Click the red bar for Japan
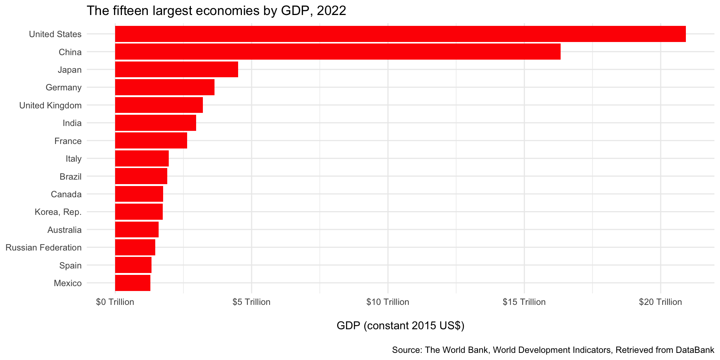pyautogui.click(x=176, y=69)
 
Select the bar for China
pyautogui.click(x=337, y=52)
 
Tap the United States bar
pyautogui.click(x=400, y=34)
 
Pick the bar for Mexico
pyautogui.click(x=133, y=283)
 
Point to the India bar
pyautogui.click(x=155, y=123)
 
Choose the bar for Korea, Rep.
pyautogui.click(x=139, y=212)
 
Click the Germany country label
pyautogui.click(x=63, y=87)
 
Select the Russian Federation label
pyautogui.click(x=43, y=247)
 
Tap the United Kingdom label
pyautogui.click(x=50, y=105)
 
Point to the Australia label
pyautogui.click(x=64, y=230)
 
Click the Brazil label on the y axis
pyautogui.click(x=70, y=176)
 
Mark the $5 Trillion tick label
pyautogui.click(x=251, y=302)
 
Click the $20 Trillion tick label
pyautogui.click(x=660, y=302)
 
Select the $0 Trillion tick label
pyautogui.click(x=115, y=302)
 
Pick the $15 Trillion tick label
pyautogui.click(x=524, y=302)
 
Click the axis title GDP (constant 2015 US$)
pyautogui.click(x=400, y=325)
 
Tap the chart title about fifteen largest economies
pyautogui.click(x=216, y=10)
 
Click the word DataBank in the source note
pyautogui.click(x=695, y=350)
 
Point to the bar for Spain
pyautogui.click(x=133, y=265)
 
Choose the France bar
pyautogui.click(x=151, y=141)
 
